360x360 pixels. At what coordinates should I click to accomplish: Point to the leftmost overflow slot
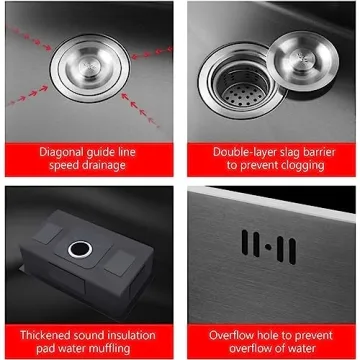click(244, 245)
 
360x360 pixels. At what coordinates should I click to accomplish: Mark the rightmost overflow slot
click(291, 247)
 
